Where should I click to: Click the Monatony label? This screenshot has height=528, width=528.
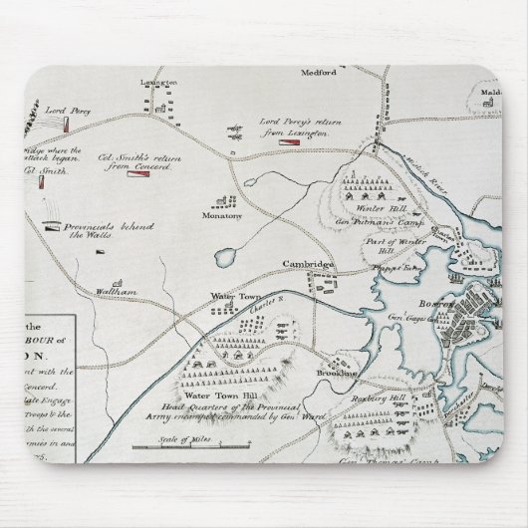pos(223,214)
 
